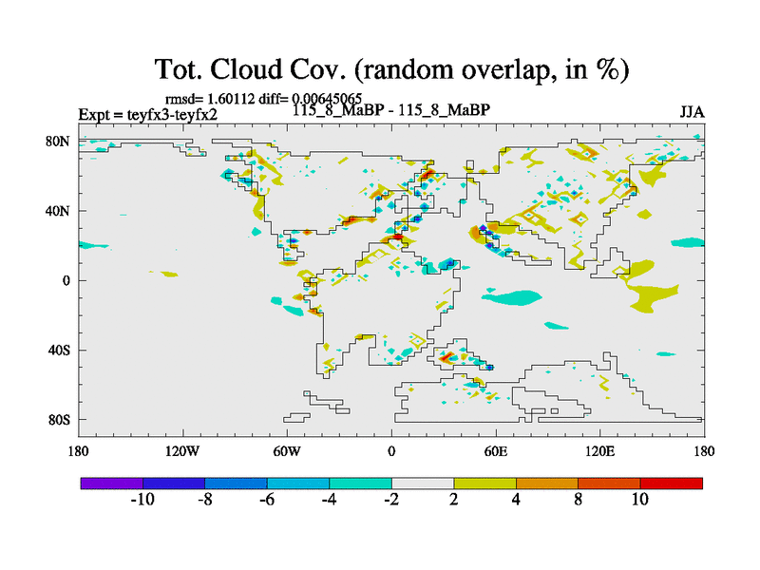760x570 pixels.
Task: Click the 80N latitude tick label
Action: (x=59, y=141)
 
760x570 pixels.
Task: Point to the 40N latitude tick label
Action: (x=59, y=210)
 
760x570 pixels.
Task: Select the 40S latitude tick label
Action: (x=59, y=350)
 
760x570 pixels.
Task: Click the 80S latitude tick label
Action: (x=59, y=419)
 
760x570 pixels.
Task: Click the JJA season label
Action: (x=692, y=111)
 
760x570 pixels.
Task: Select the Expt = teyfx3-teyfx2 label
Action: (x=147, y=115)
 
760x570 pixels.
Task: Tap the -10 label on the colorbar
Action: (x=142, y=500)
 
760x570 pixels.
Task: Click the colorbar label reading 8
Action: (x=578, y=500)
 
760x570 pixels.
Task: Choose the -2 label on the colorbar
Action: (x=390, y=500)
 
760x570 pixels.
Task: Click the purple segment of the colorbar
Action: (x=111, y=484)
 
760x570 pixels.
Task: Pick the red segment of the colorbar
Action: (x=671, y=484)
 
